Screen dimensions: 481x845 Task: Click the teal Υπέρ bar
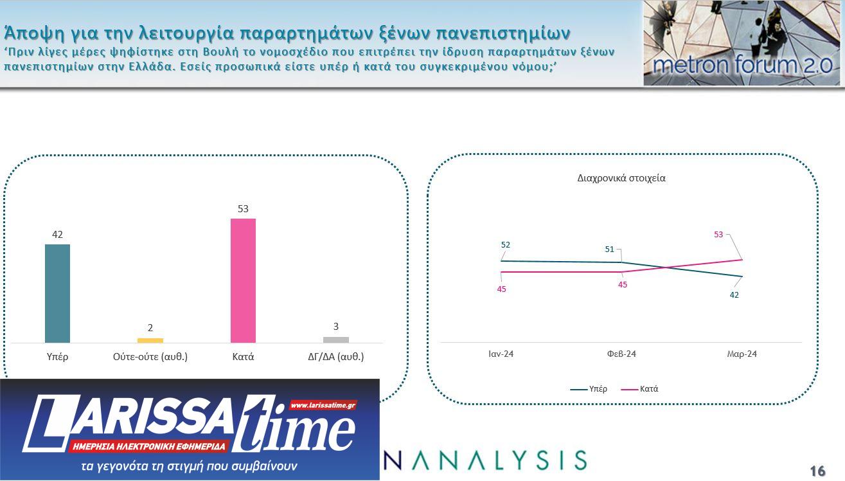pyautogui.click(x=57, y=293)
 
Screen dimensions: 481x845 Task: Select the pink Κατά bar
pyautogui.click(x=243, y=280)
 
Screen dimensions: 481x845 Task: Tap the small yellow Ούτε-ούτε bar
pyautogui.click(x=150, y=340)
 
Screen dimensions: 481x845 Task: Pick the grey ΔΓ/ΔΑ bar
pyautogui.click(x=336, y=340)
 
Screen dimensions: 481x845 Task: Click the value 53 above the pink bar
pyautogui.click(x=243, y=209)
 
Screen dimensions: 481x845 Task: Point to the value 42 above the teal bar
pyautogui.click(x=57, y=235)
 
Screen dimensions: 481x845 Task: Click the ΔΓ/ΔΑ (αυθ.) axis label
pyautogui.click(x=336, y=357)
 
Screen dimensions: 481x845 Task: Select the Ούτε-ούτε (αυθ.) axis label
pyautogui.click(x=150, y=357)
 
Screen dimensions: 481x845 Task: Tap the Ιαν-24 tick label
pyautogui.click(x=501, y=354)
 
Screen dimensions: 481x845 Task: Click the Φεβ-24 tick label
pyautogui.click(x=621, y=354)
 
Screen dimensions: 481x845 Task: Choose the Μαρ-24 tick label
pyautogui.click(x=742, y=354)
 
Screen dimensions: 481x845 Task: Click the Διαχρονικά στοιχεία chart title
pyautogui.click(x=621, y=178)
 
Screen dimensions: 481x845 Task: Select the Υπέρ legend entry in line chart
pyautogui.click(x=589, y=389)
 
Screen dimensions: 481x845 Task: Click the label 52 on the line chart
pyautogui.click(x=506, y=245)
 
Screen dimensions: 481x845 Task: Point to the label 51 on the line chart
pyautogui.click(x=610, y=250)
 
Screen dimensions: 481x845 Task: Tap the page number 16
pyautogui.click(x=817, y=471)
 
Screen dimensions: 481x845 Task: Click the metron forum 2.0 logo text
pyautogui.click(x=742, y=66)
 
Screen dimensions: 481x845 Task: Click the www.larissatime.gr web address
pyautogui.click(x=323, y=405)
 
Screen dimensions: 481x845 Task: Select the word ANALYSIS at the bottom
pyautogui.click(x=487, y=460)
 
